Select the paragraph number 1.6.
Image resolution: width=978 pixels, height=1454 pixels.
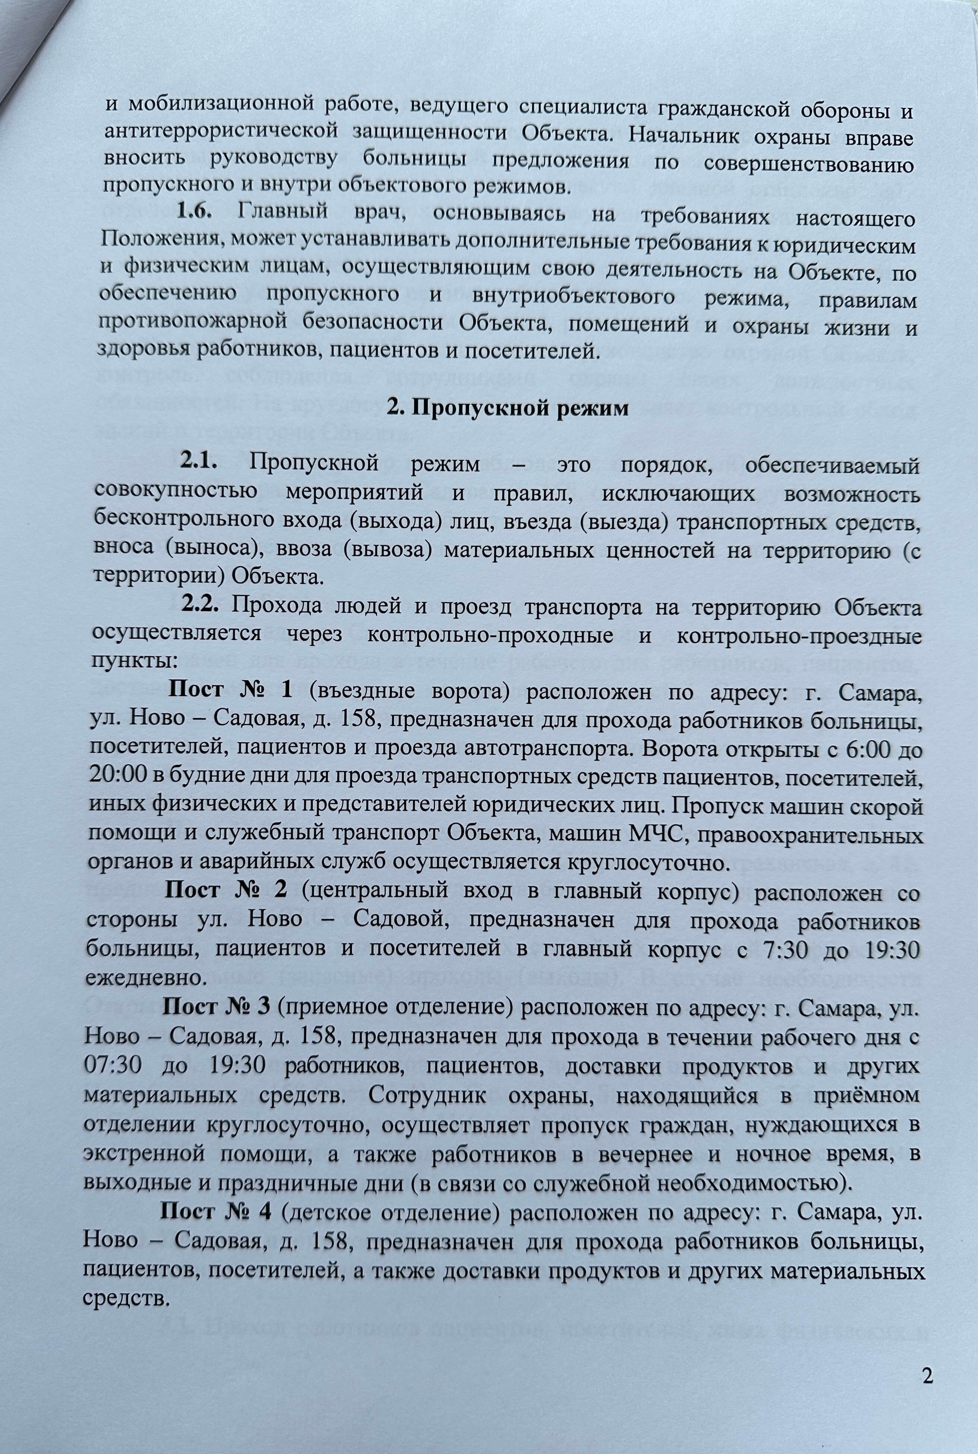pos(195,212)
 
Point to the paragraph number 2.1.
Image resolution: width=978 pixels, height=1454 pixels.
pos(199,464)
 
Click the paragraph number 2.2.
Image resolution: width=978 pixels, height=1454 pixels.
pos(200,605)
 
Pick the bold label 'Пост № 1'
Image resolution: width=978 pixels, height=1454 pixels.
pos(231,691)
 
